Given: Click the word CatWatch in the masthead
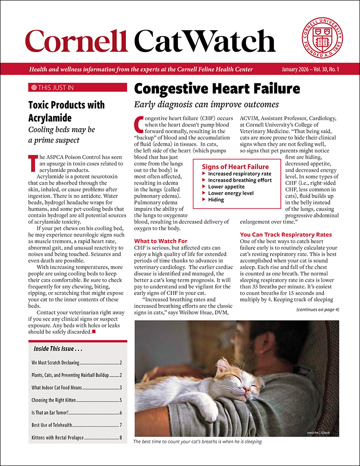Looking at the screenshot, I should [204, 41].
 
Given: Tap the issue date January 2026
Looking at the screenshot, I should [297, 69].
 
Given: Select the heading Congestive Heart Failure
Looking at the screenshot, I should [217, 89].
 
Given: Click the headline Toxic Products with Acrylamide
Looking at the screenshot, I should [66, 110].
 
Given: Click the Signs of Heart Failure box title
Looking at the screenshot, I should [235, 166].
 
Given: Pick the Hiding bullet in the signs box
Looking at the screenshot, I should [216, 199].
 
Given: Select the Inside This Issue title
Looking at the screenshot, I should [58, 349].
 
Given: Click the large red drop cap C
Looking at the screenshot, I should [138, 123].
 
